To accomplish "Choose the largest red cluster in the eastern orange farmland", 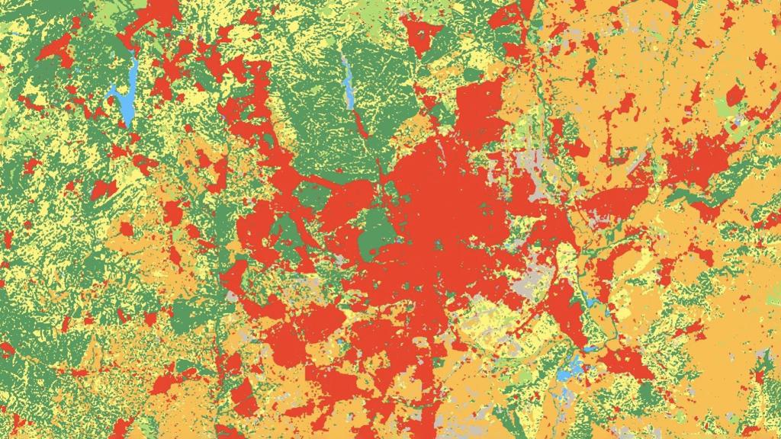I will pyautogui.click(x=686, y=160).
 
